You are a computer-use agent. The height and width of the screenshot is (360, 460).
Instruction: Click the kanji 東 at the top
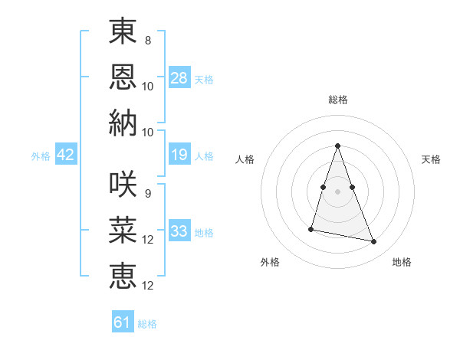click(x=123, y=33)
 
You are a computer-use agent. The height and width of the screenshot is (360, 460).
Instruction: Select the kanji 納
click(x=123, y=123)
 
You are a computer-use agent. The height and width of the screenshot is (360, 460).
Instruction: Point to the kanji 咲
click(x=123, y=185)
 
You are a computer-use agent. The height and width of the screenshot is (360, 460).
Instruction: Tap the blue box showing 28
click(x=179, y=78)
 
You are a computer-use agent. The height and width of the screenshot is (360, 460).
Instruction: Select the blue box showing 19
click(x=179, y=155)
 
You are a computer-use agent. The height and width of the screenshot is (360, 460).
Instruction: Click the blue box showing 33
click(x=179, y=231)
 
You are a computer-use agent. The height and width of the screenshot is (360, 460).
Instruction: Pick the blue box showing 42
click(x=66, y=155)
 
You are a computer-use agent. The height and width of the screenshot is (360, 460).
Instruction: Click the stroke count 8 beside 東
click(x=148, y=41)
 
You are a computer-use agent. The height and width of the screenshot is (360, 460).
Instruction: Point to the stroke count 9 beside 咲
click(x=148, y=193)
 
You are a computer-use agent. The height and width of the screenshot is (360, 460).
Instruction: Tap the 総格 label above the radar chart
click(x=337, y=100)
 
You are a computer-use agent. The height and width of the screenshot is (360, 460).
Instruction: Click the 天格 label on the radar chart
click(x=431, y=159)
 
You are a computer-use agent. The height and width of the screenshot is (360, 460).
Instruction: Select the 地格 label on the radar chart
click(x=402, y=262)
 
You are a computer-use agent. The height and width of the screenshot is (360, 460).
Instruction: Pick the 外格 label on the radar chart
click(x=270, y=262)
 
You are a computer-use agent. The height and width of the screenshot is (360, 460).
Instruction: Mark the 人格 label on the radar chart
click(x=245, y=159)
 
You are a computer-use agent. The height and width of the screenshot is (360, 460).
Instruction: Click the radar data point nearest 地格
click(x=374, y=242)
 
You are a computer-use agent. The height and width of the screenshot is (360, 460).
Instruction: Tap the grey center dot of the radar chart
click(x=337, y=191)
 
